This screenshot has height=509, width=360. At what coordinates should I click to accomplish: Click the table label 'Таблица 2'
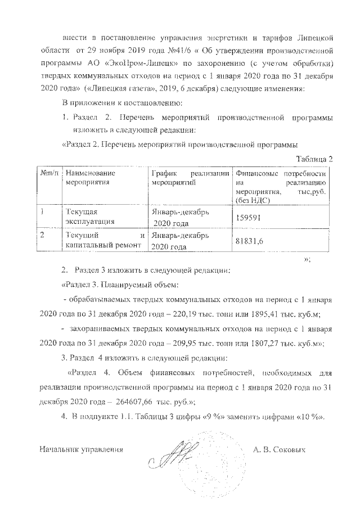[x=315, y=159]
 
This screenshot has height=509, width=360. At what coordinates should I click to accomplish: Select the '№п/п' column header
[x=48, y=174]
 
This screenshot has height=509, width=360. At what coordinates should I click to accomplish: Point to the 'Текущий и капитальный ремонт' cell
[x=106, y=241]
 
